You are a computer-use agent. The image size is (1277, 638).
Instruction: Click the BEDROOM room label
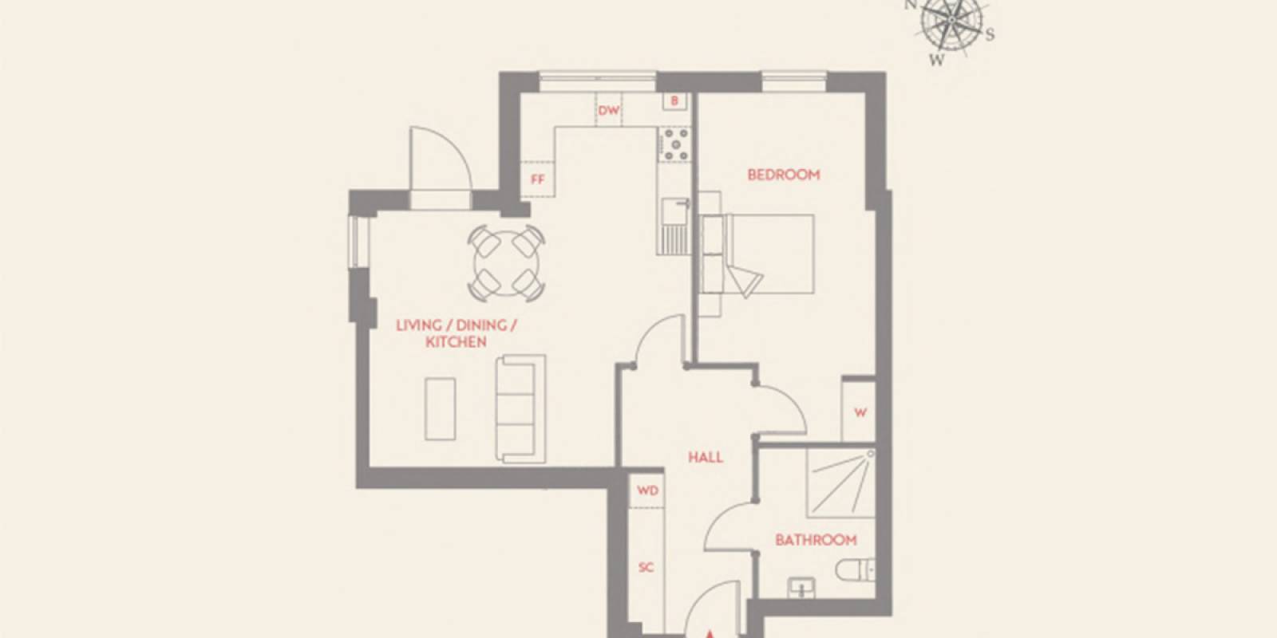point(783,175)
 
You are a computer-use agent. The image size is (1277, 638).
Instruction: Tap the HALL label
point(706,457)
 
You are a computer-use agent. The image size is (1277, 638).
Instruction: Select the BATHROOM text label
point(816,540)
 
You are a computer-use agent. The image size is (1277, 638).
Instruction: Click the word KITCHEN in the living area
point(456,342)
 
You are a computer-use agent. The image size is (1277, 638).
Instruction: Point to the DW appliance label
point(609,111)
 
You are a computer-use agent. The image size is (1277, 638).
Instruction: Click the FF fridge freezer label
point(537,179)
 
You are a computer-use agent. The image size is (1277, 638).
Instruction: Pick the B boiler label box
point(674,101)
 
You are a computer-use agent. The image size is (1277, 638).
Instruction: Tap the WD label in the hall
point(647,490)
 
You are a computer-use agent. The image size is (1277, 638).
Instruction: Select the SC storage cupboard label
point(646,567)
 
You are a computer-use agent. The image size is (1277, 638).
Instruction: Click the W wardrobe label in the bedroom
point(860,412)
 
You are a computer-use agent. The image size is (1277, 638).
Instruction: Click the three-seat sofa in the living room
point(520,408)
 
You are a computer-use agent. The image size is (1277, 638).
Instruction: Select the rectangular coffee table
point(440,408)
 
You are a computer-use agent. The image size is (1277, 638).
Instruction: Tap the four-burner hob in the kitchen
point(675,144)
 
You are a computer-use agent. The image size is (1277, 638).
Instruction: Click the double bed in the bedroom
point(758,254)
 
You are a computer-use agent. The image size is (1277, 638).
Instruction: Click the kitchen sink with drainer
point(674,225)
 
